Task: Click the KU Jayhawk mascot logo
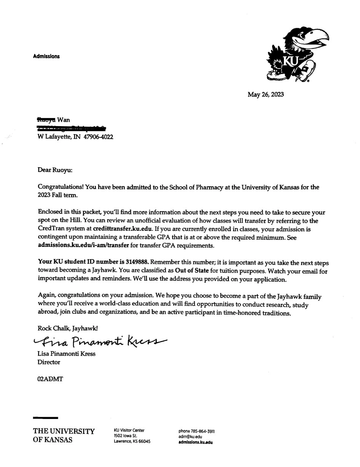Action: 298,55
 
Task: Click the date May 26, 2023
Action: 266,94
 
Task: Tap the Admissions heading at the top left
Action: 46,56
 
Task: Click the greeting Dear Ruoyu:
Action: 55,170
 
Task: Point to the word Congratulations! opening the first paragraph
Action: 61,187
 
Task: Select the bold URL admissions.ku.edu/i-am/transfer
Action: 83,246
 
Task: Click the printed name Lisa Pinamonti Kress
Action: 66,353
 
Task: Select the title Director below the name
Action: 49,362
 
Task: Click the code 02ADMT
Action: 50,379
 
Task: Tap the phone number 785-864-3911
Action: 203,431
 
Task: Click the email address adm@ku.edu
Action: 190,437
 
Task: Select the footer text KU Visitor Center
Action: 129,430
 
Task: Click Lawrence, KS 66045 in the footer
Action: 132,441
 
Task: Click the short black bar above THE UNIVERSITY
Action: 45,418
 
